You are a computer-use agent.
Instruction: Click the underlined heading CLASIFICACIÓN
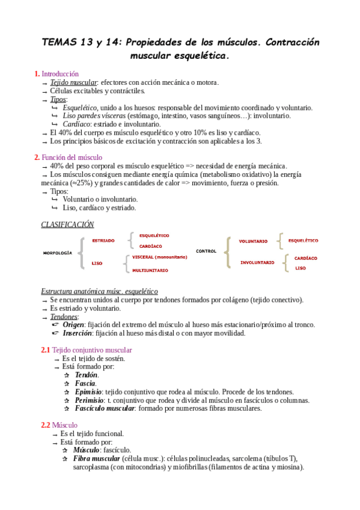click(67, 224)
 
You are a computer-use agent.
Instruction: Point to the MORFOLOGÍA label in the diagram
click(58, 253)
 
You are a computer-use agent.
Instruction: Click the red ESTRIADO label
click(103, 241)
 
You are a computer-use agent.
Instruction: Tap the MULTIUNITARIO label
click(150, 270)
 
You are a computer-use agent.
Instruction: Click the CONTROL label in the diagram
click(206, 251)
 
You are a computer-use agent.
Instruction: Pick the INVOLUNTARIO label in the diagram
click(257, 262)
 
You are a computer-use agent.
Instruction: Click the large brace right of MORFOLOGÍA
click(81, 253)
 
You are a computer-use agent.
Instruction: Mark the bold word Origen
click(75, 325)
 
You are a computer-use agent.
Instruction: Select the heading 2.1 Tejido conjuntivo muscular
click(87, 349)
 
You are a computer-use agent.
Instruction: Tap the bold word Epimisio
click(88, 392)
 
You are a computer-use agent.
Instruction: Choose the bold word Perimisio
click(89, 400)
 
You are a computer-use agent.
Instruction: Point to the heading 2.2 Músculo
click(59, 425)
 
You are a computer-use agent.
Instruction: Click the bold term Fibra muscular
click(96, 458)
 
